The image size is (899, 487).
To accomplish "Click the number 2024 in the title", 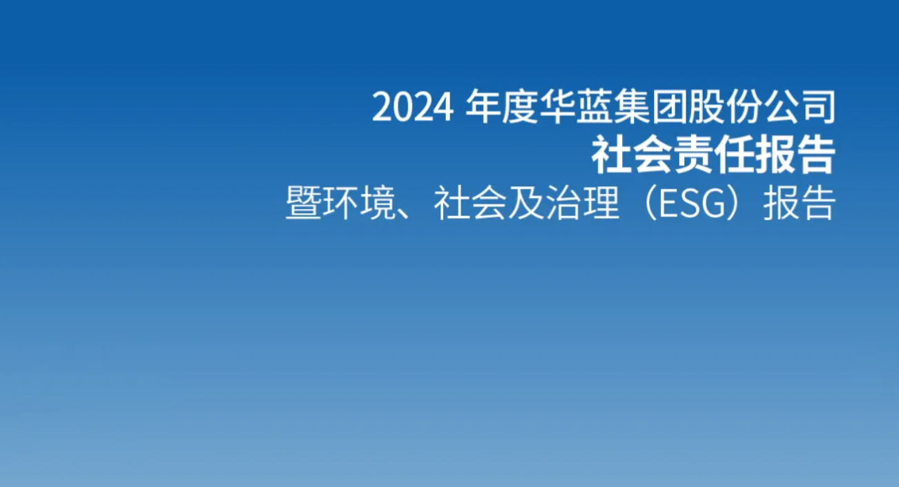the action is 413,108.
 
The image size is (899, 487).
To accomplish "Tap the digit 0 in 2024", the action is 403,108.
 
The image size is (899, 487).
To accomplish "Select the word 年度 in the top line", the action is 502,107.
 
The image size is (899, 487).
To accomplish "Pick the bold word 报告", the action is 795,155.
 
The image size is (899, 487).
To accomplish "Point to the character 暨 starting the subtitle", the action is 303,202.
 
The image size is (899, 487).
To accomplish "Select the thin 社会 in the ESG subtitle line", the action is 470,202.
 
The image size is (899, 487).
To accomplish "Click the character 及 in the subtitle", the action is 525,202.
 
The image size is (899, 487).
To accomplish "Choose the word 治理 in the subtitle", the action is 582,202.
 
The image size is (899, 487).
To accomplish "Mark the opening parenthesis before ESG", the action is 650,203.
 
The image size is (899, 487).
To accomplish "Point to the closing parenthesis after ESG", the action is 734,203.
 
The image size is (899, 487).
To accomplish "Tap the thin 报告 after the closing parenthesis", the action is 800,202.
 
